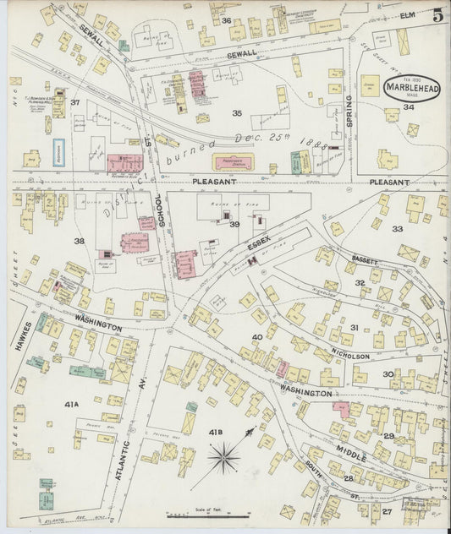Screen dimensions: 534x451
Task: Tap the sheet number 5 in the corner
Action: point(437,14)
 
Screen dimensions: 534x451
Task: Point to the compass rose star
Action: point(223,460)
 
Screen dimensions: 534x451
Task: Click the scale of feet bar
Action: point(200,515)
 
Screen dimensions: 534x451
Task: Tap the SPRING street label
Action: point(348,109)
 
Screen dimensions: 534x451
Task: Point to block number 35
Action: point(237,112)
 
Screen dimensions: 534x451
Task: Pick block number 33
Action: point(397,228)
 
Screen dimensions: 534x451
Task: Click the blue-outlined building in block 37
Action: point(58,150)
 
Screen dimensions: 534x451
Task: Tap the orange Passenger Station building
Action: point(233,161)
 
